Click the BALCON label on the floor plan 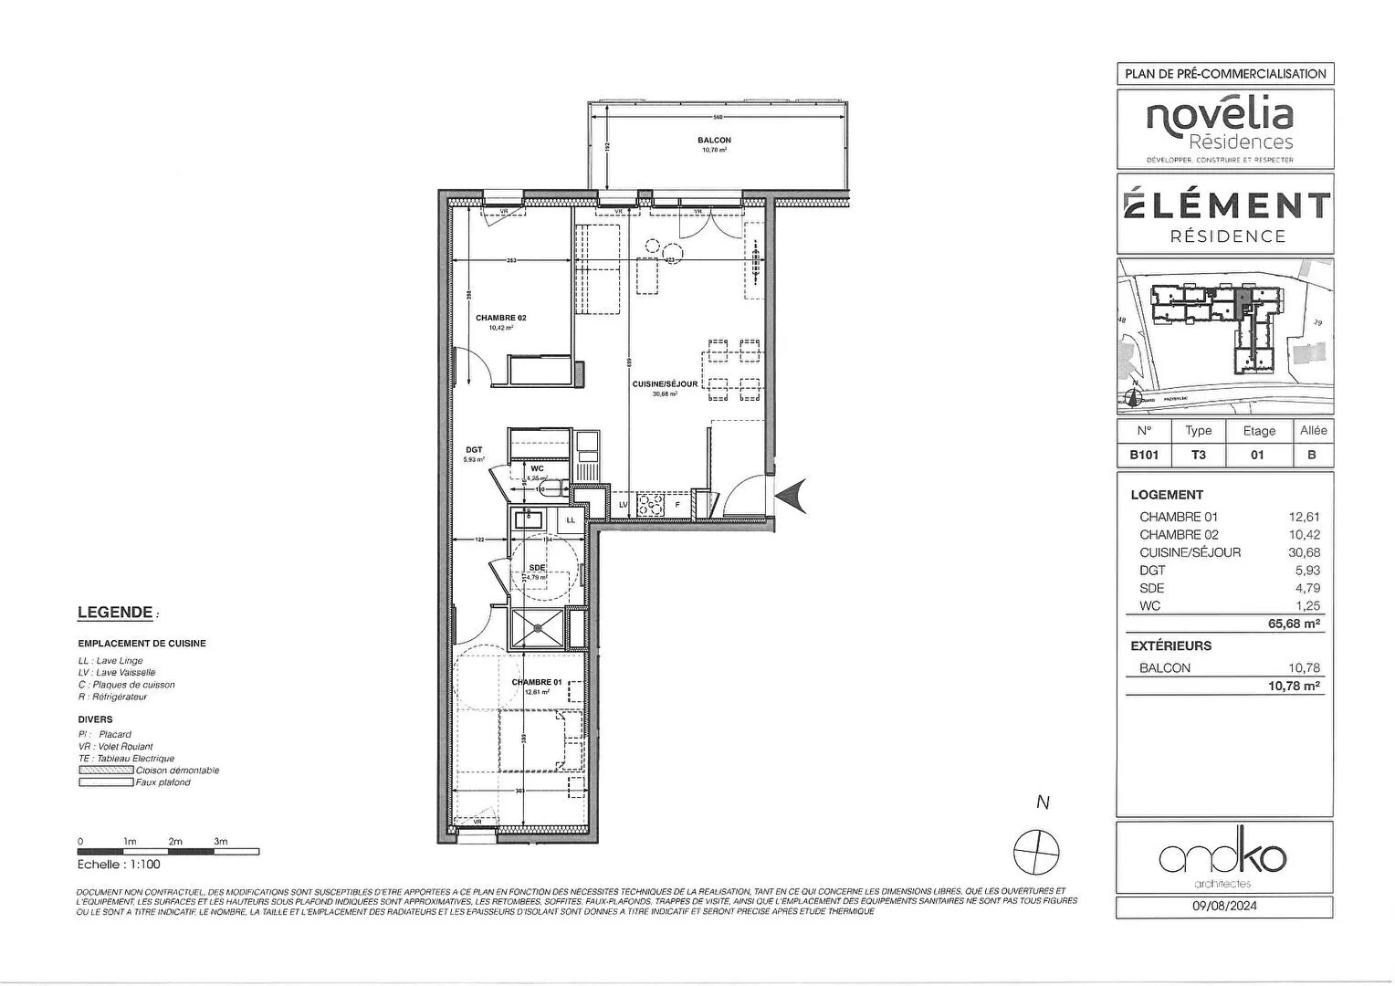[x=714, y=141]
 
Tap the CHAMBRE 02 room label [x=500, y=319]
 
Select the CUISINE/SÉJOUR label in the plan [x=665, y=384]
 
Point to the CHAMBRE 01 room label [x=537, y=682]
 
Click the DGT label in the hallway [x=474, y=449]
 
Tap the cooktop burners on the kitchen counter [x=649, y=504]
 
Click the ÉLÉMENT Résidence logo [x=1224, y=215]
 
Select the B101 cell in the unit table [x=1144, y=455]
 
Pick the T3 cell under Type [x=1198, y=455]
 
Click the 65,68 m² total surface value [x=1294, y=624]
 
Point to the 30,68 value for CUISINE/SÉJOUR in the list [x=1304, y=552]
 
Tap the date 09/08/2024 [x=1224, y=907]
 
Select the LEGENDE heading [x=115, y=613]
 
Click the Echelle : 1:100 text [x=119, y=865]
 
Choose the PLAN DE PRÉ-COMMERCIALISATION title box [x=1224, y=74]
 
